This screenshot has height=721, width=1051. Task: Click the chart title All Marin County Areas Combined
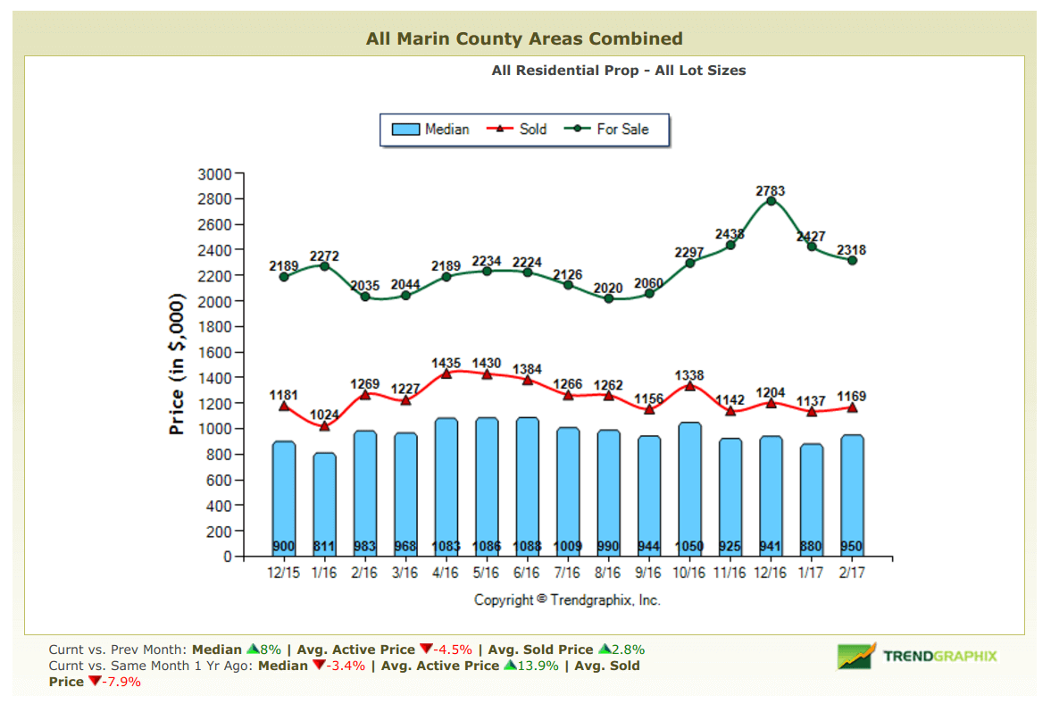pos(524,38)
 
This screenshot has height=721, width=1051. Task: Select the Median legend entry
pos(430,129)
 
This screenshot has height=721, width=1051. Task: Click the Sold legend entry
pos(517,129)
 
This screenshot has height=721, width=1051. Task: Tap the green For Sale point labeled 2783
pos(771,201)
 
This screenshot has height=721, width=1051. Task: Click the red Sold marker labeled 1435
pos(446,373)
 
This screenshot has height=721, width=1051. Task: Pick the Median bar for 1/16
pos(324,505)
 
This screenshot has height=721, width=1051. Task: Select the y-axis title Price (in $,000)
pos(177,364)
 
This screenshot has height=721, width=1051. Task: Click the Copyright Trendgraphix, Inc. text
pos(567,600)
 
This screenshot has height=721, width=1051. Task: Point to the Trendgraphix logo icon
pos(856,657)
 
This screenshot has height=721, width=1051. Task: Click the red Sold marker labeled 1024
pos(324,425)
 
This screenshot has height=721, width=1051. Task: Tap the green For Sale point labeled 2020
pos(609,298)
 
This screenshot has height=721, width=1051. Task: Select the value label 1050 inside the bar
pos(689,546)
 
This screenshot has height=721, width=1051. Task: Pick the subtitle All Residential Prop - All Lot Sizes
pos(618,70)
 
